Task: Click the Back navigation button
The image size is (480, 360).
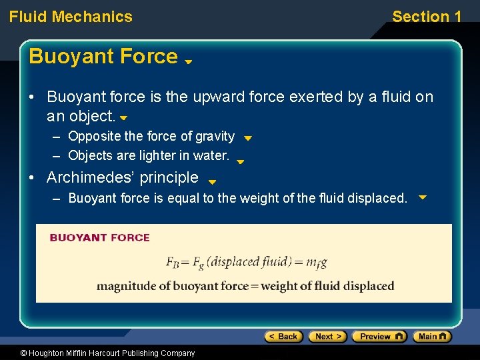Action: pyautogui.click(x=284, y=337)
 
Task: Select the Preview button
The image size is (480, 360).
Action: pyautogui.click(x=379, y=337)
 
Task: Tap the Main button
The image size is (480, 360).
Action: pyautogui.click(x=432, y=337)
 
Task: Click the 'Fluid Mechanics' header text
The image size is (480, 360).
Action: pyautogui.click(x=71, y=17)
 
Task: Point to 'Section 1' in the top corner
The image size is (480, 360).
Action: pyautogui.click(x=427, y=17)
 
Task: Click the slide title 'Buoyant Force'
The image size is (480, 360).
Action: pyautogui.click(x=103, y=57)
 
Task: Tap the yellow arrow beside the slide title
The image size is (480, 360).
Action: pyautogui.click(x=189, y=61)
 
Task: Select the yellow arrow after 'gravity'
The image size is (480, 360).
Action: pyautogui.click(x=247, y=139)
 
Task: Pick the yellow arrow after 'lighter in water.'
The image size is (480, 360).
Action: pyautogui.click(x=241, y=161)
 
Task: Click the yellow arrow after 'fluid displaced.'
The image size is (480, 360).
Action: pyautogui.click(x=422, y=197)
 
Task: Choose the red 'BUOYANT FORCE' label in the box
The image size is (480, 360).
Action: pyautogui.click(x=100, y=237)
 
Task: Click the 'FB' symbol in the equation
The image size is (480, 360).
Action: pyautogui.click(x=173, y=262)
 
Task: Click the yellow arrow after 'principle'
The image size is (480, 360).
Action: pyautogui.click(x=212, y=181)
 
